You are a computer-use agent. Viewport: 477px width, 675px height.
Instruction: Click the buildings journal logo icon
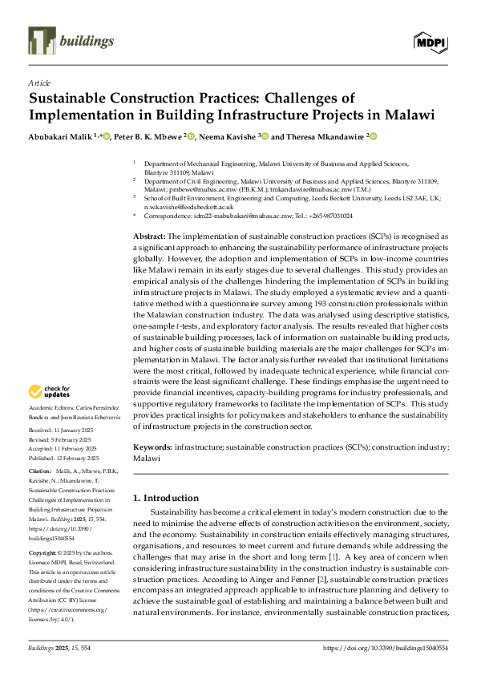pos(40,38)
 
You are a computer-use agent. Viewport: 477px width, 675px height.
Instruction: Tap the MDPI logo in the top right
pos(431,42)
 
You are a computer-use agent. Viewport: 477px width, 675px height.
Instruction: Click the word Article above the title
pos(39,83)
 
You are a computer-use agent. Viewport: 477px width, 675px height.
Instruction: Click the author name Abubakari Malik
pos(60,137)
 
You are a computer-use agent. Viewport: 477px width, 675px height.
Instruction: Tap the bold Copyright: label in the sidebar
pos(44,553)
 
